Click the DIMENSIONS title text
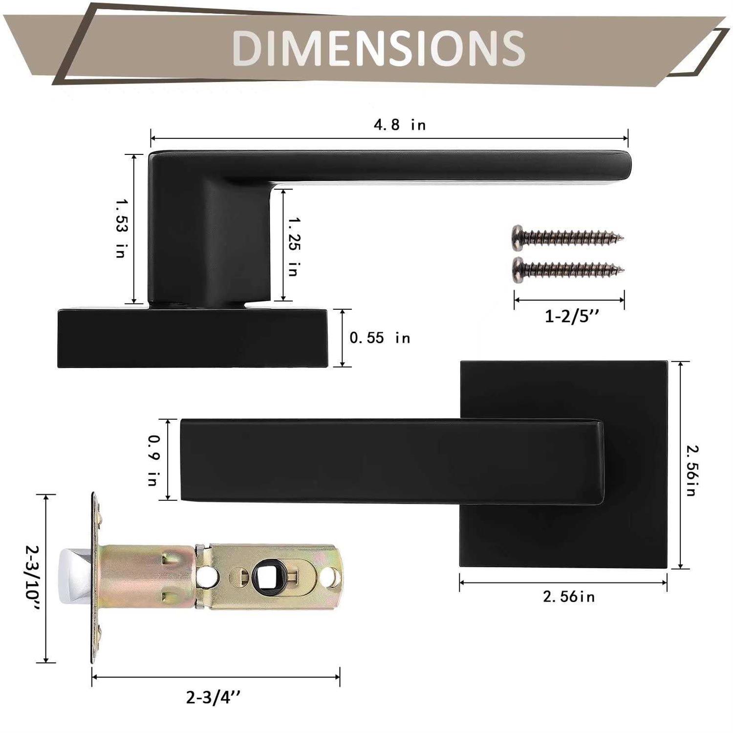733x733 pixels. point(378,47)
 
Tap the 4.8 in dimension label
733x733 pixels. point(400,125)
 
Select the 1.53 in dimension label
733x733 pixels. point(120,228)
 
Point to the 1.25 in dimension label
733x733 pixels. point(293,247)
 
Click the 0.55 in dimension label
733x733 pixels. point(380,338)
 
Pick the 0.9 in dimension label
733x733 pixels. point(153,460)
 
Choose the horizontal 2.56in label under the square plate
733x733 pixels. point(569,597)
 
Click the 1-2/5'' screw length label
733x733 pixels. point(571,316)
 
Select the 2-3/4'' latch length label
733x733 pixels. point(214,697)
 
